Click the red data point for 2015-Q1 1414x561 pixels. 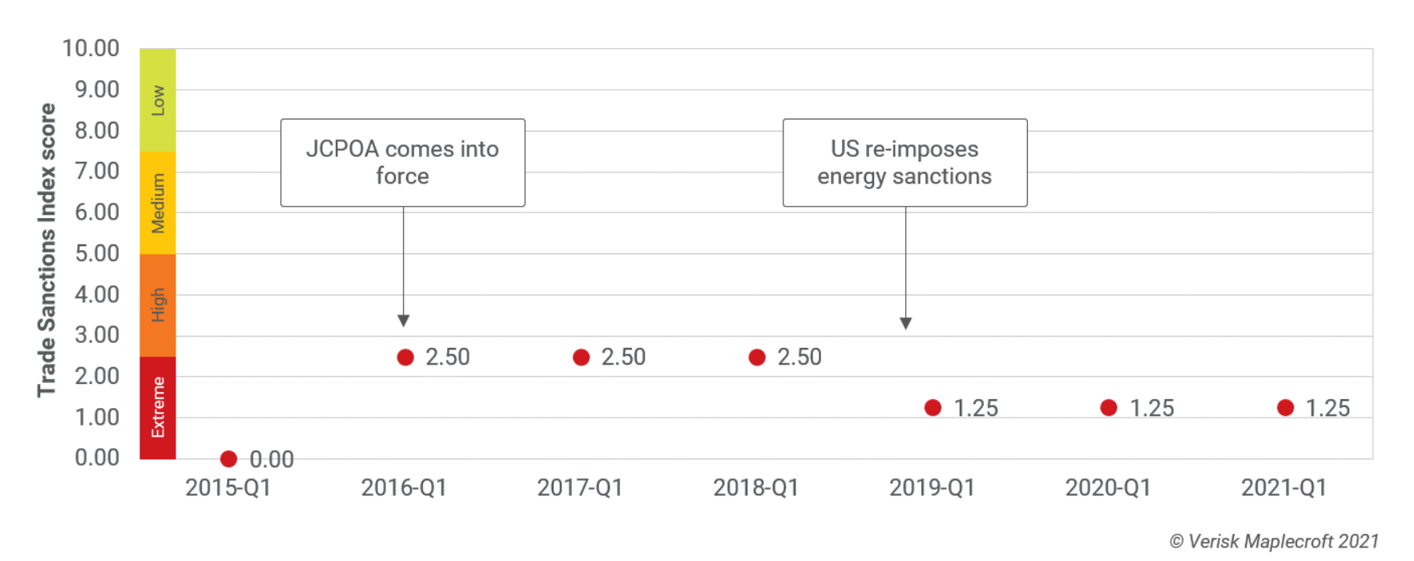pos(228,458)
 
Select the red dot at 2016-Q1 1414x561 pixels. pos(405,357)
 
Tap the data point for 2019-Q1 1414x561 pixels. pos(933,408)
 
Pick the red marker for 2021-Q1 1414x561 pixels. pos(1285,408)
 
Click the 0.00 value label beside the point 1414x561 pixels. pos(272,459)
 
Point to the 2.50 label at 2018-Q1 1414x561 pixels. pos(799,357)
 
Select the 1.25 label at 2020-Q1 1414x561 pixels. pos(1151,409)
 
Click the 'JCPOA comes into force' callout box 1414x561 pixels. pos(402,163)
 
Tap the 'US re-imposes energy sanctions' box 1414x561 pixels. pos(904,163)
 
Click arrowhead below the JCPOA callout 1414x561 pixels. pos(404,321)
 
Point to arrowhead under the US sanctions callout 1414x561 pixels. pos(905,323)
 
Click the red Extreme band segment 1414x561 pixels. pos(158,407)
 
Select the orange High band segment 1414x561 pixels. pos(158,305)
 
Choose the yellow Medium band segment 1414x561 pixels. pos(158,203)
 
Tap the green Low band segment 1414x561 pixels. pos(158,100)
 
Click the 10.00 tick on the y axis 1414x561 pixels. pos(91,49)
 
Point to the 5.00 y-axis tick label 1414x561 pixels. pos(96,253)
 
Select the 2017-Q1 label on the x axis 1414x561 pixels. pos(579,487)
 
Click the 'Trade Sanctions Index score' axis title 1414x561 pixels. pos(46,250)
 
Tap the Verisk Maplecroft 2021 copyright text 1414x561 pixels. pos(1274,542)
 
